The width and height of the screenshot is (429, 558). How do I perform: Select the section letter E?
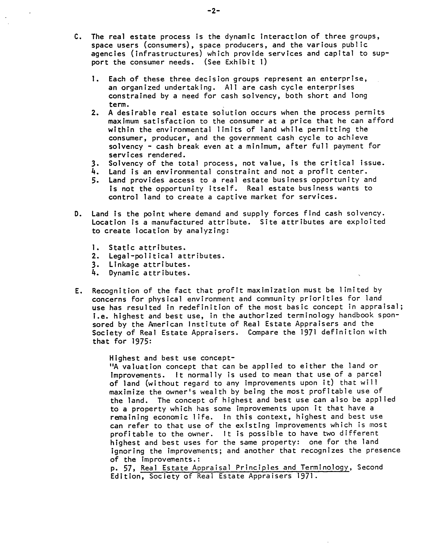[78, 291]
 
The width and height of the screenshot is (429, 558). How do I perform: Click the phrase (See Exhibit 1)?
[235, 62]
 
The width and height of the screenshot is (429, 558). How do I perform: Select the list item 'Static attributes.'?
[147, 248]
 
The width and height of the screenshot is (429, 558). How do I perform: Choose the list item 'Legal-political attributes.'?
[166, 256]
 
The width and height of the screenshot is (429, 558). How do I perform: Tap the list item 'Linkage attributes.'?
[149, 264]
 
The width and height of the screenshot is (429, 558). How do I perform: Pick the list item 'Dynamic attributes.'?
[149, 273]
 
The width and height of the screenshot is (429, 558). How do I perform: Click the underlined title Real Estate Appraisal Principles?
[245, 468]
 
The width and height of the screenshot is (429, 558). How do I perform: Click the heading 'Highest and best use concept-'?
[172, 358]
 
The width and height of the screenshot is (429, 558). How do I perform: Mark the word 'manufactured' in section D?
[177, 222]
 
